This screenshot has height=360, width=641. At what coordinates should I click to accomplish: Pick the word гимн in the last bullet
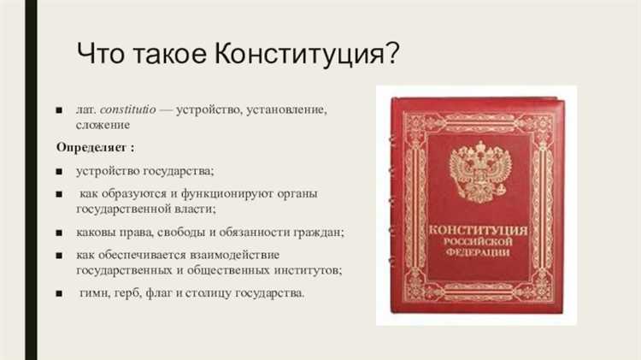tap(92, 293)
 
